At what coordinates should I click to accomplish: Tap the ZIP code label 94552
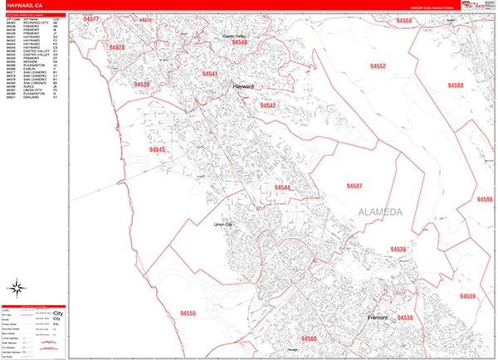(x=378, y=66)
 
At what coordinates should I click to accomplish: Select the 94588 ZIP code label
(x=454, y=85)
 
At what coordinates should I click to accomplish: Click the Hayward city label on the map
(x=243, y=85)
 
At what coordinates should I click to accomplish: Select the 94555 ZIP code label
(x=188, y=313)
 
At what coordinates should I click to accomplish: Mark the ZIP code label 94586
(x=484, y=199)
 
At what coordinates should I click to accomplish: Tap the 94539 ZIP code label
(x=467, y=296)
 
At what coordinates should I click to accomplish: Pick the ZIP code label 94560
(x=309, y=338)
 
